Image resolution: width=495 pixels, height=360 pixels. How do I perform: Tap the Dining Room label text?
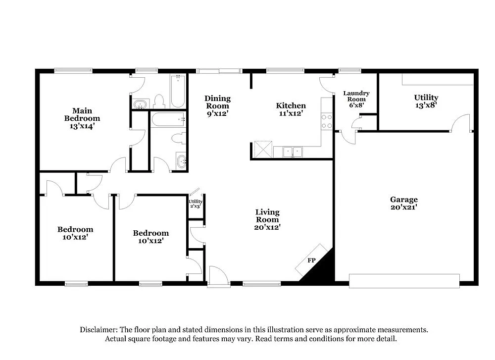pos(217,102)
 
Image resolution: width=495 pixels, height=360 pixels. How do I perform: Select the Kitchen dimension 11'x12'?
pos(291,113)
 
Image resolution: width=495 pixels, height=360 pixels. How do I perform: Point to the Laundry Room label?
pos(356,96)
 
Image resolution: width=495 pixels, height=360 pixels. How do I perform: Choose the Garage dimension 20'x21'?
pos(403,207)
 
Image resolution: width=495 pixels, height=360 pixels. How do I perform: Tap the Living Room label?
pos(267,216)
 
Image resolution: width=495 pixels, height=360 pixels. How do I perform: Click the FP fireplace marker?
pos(312,260)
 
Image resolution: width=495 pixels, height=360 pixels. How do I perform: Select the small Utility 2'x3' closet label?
pos(196,204)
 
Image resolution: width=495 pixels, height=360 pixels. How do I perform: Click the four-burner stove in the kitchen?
pos(327,121)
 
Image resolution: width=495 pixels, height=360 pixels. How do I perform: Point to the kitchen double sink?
pos(294,152)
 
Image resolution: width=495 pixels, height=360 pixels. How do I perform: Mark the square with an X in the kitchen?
pos(263,150)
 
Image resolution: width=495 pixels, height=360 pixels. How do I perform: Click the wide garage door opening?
pos(404,281)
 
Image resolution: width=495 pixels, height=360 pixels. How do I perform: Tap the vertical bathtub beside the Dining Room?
pos(178,91)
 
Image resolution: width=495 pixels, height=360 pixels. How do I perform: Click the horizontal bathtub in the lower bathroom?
pos(168,119)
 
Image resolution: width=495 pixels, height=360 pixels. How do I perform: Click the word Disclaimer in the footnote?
pos(98,330)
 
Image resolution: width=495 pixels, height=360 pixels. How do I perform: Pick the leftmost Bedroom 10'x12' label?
pos(75,233)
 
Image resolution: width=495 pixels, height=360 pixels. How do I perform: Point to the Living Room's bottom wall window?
pos(262,284)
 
